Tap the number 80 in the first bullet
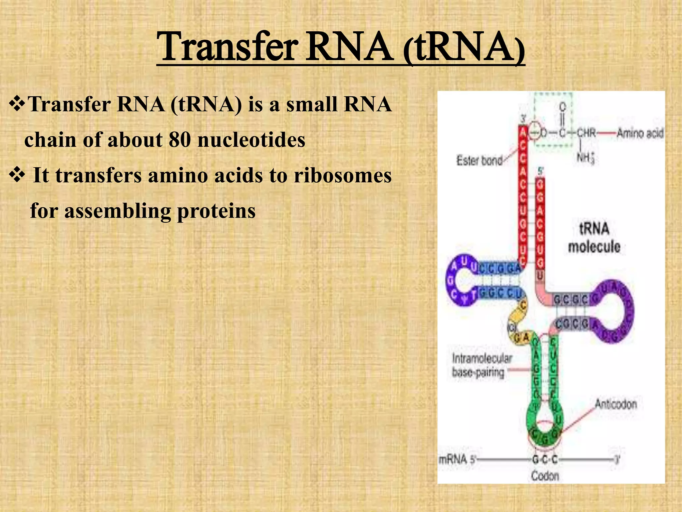[179, 139]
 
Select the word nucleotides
[251, 139]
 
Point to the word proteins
[216, 211]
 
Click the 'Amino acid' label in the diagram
[640, 133]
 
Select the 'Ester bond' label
[479, 161]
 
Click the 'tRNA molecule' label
[594, 238]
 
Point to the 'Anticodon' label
[616, 404]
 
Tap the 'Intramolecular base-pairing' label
[481, 365]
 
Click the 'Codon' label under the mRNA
[545, 475]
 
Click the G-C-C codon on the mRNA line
[545, 460]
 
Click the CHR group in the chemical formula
[586, 133]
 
